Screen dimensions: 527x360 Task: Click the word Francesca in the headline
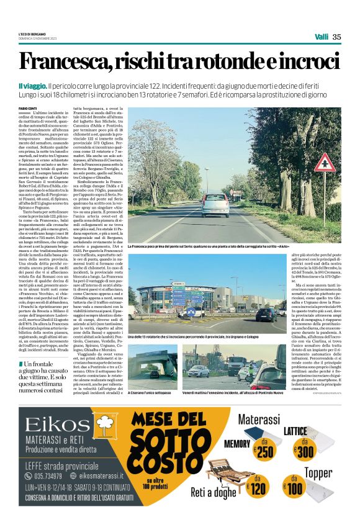pyautogui.click(x=62, y=63)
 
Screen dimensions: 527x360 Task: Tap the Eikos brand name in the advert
pyautogui.click(x=54, y=425)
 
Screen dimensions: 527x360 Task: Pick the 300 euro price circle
pyautogui.click(x=304, y=451)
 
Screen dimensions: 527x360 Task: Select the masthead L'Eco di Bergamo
pyautogui.click(x=31, y=34)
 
